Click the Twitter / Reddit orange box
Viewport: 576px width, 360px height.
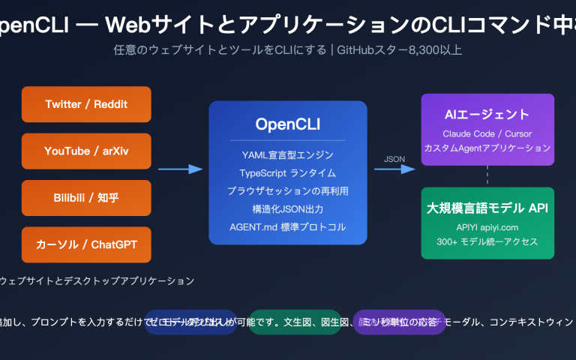pyautogui.click(x=86, y=104)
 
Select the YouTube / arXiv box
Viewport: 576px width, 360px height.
pyautogui.click(x=86, y=151)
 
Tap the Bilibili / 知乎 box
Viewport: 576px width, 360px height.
pyautogui.click(x=86, y=198)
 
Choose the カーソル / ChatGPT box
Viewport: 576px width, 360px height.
pyautogui.click(x=86, y=244)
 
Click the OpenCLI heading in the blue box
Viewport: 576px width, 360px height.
pyautogui.click(x=288, y=123)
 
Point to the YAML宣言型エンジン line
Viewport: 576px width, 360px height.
pyautogui.click(x=288, y=155)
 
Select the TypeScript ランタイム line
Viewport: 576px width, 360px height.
pyautogui.click(x=288, y=173)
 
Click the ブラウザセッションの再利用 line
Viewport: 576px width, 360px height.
pyautogui.click(x=288, y=191)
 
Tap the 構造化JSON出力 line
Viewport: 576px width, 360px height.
pyautogui.click(x=288, y=209)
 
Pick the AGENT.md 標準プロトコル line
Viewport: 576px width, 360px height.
pyautogui.click(x=288, y=227)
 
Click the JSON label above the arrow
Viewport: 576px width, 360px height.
pyautogui.click(x=394, y=159)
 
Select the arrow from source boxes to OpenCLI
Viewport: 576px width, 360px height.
pyautogui.click(x=180, y=169)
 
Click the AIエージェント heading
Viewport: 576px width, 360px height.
pyautogui.click(x=487, y=115)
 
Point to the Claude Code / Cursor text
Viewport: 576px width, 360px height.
pyautogui.click(x=487, y=133)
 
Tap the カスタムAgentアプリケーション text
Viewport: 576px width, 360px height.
pyautogui.click(x=487, y=148)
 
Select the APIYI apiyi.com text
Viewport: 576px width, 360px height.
pyautogui.click(x=487, y=226)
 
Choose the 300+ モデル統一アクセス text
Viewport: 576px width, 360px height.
pyautogui.click(x=487, y=241)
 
